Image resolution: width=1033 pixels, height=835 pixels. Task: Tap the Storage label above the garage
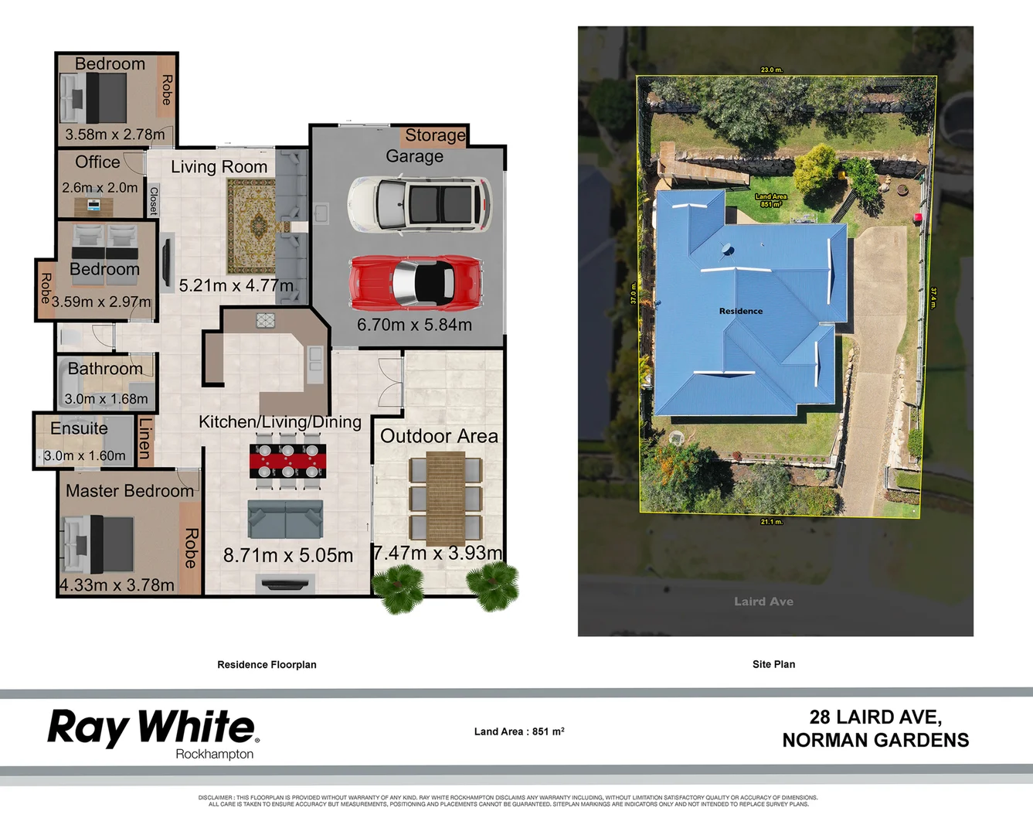(x=435, y=135)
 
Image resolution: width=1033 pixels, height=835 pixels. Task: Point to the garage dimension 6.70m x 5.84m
(x=414, y=325)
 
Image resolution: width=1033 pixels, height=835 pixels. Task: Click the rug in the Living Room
(x=251, y=225)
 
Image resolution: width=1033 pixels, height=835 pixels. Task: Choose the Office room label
(x=97, y=162)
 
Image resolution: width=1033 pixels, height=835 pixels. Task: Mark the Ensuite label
(x=79, y=428)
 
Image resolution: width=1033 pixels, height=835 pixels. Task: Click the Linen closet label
(x=144, y=438)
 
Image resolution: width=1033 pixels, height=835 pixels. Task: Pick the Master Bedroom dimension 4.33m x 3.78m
(x=117, y=585)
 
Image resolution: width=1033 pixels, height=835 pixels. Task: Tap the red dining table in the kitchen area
(x=287, y=461)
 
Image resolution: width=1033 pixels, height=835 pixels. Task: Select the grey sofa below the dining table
(x=285, y=519)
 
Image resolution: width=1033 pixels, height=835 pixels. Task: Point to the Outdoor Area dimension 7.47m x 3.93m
(x=438, y=553)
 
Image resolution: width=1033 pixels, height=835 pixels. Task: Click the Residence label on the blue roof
(x=740, y=311)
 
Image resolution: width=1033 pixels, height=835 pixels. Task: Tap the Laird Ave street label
(x=763, y=602)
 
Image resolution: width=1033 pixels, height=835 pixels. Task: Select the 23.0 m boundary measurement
(x=771, y=70)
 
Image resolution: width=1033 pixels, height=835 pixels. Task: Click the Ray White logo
(x=153, y=729)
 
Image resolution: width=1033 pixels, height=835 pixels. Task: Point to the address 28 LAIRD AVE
(x=875, y=717)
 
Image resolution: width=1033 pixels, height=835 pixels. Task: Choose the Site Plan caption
(x=773, y=664)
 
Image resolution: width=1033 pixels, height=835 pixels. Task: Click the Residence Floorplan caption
(x=267, y=665)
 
